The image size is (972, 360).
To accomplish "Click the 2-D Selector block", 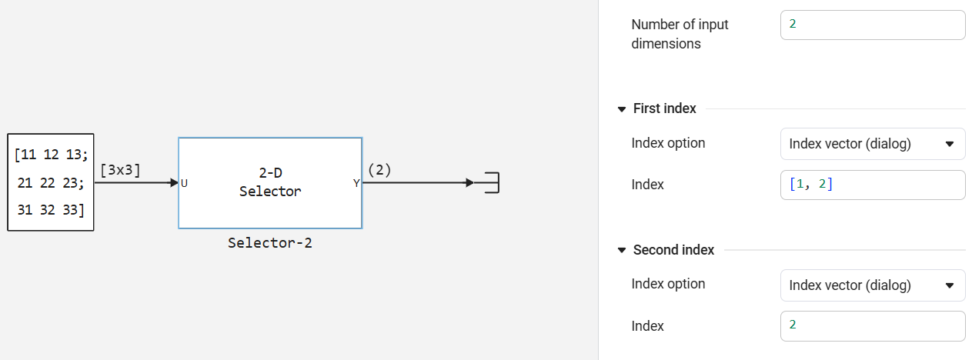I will click(x=270, y=183).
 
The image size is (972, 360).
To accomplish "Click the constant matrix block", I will click(x=51, y=182).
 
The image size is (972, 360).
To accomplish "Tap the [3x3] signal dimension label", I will click(x=120, y=170).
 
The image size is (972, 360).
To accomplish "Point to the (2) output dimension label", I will click(x=379, y=170).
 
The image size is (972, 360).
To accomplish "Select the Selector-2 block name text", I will click(x=270, y=243).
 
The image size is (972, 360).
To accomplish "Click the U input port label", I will click(x=185, y=183).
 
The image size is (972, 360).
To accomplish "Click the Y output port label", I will click(x=356, y=183).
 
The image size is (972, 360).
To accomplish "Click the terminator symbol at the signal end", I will click(x=492, y=183).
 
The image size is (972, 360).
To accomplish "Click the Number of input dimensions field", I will click(x=872, y=25).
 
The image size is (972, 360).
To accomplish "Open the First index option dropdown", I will click(x=872, y=144).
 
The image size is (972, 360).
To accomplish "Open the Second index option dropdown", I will click(x=872, y=285).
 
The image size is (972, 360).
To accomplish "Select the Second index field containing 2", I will click(x=872, y=325).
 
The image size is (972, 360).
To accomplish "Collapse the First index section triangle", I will click(x=622, y=109).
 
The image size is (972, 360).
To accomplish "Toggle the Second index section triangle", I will click(x=622, y=251).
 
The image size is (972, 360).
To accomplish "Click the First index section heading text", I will click(x=664, y=108).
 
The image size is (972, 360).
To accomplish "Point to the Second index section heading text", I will click(x=673, y=250).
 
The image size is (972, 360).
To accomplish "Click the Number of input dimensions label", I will click(x=680, y=34).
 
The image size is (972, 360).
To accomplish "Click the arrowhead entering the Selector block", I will click(x=174, y=183).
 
